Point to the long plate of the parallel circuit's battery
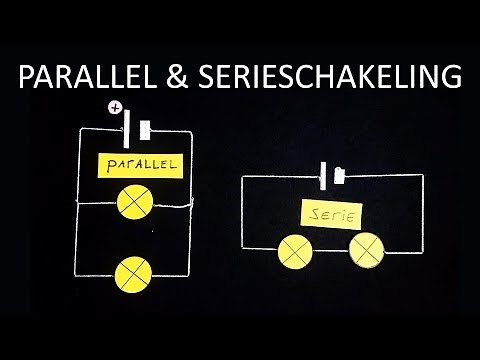[x=128, y=128]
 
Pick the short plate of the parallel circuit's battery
[x=146, y=130]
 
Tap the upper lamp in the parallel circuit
[x=133, y=202]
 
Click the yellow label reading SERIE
[x=331, y=213]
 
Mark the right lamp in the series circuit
[x=366, y=248]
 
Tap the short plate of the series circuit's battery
[x=338, y=176]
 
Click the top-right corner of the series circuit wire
[x=423, y=176]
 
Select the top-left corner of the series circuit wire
[x=242, y=177]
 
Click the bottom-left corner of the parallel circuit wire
[x=78, y=275]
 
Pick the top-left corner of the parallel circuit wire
[x=78, y=130]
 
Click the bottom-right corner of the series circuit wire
[x=422, y=248]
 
